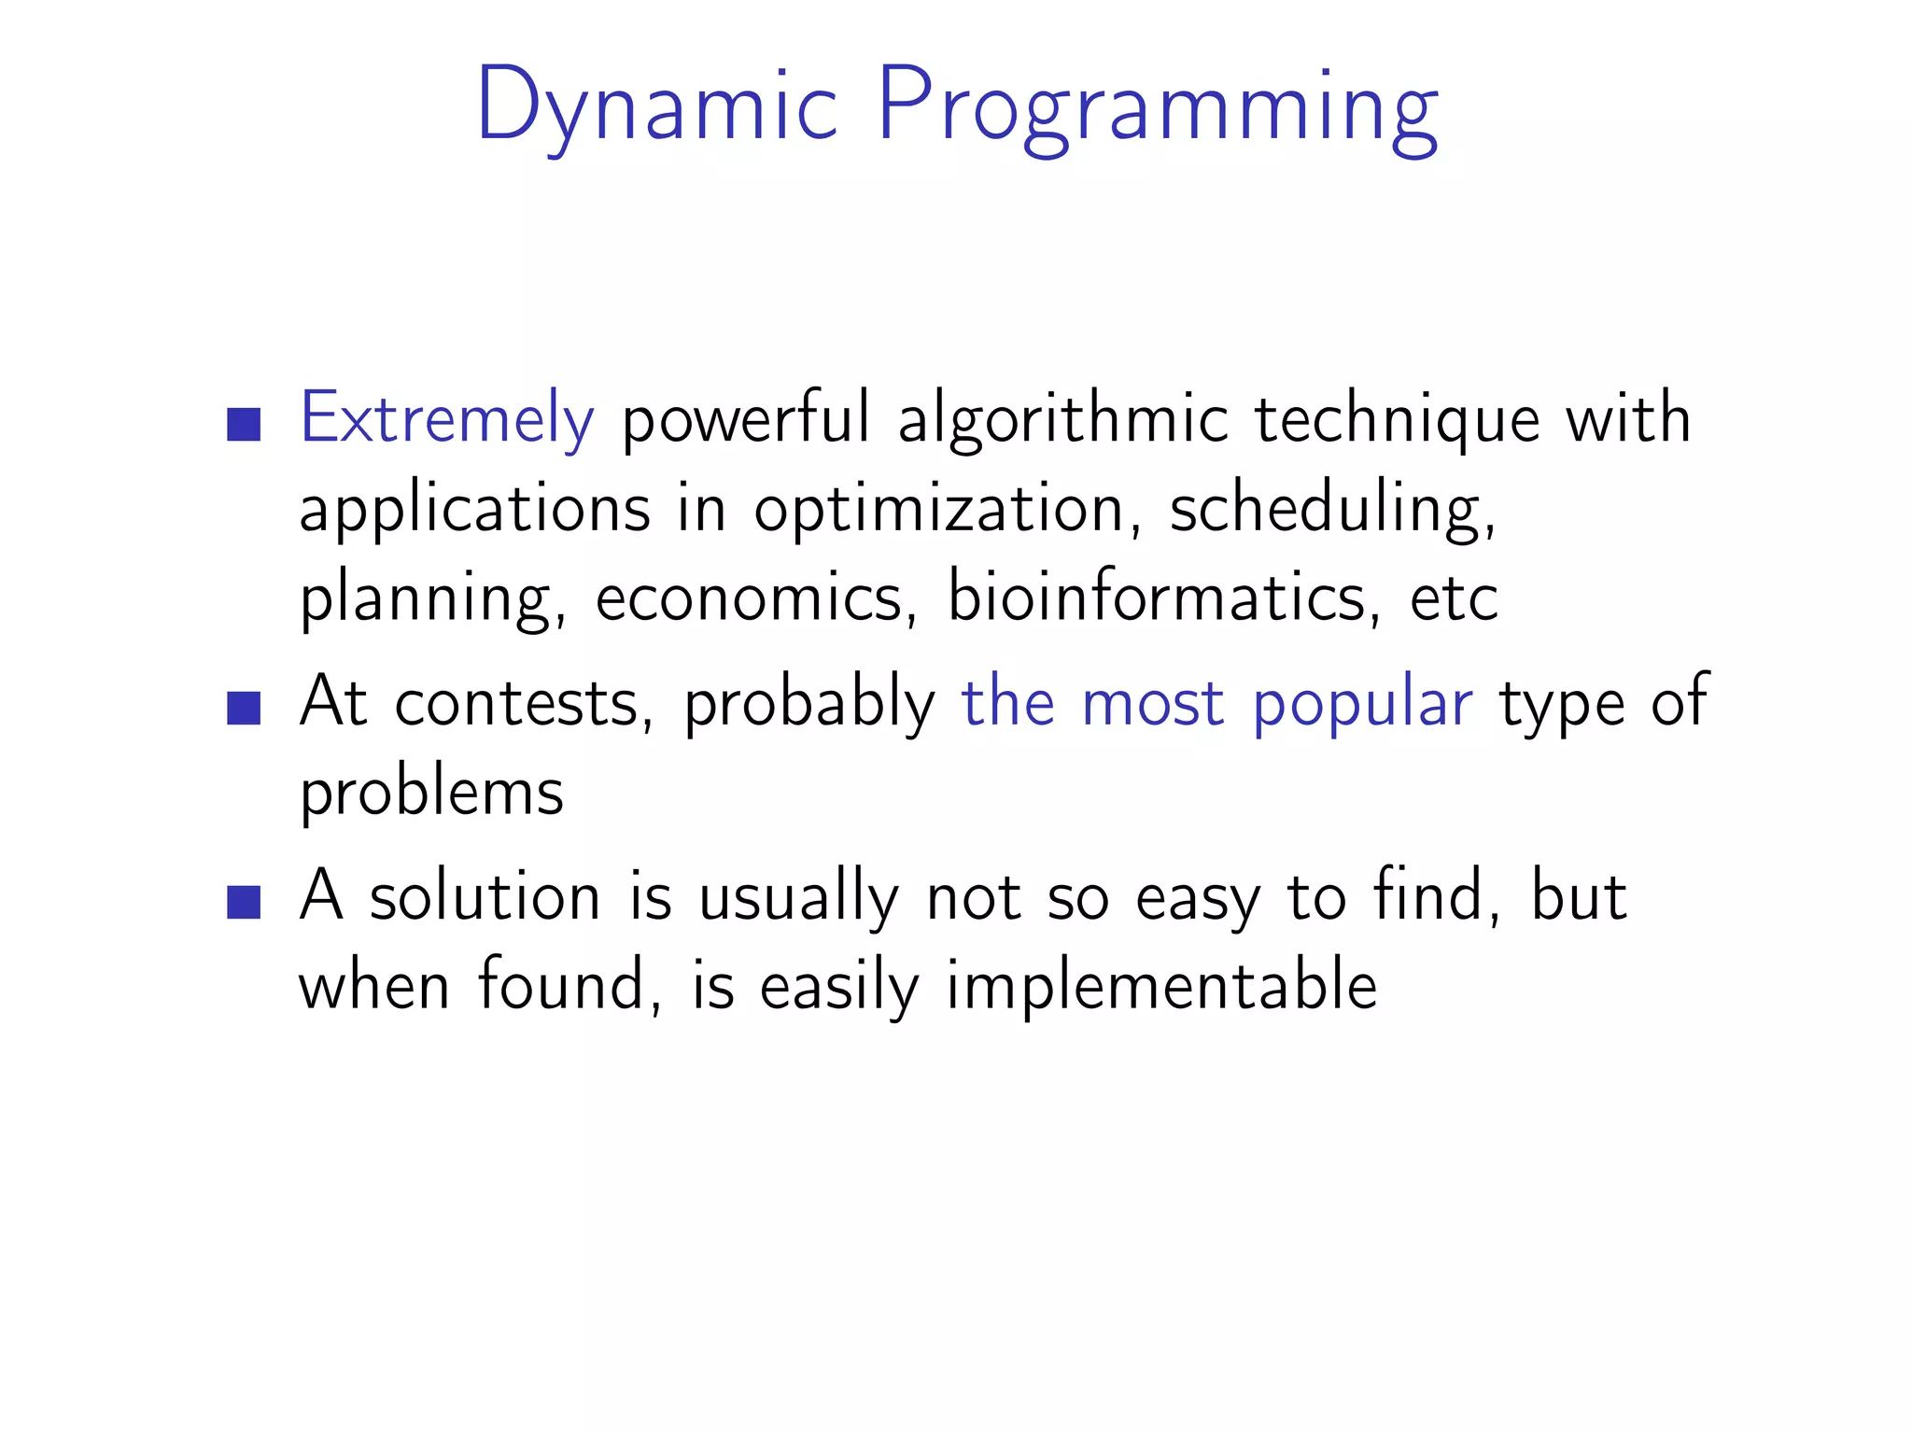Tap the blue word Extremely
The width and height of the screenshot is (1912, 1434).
click(x=446, y=419)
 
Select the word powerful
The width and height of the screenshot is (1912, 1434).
click(x=746, y=419)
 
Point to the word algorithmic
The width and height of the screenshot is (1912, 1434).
click(x=1062, y=419)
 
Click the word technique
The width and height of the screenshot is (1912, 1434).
click(x=1397, y=419)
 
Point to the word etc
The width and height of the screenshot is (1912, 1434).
click(x=1454, y=598)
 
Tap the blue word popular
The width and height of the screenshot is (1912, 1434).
click(x=1362, y=702)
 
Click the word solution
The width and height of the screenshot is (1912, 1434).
click(x=485, y=896)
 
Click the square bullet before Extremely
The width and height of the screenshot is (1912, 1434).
click(x=244, y=424)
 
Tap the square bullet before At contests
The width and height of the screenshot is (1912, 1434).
click(x=244, y=708)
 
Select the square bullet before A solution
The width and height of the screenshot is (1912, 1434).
click(x=244, y=902)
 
